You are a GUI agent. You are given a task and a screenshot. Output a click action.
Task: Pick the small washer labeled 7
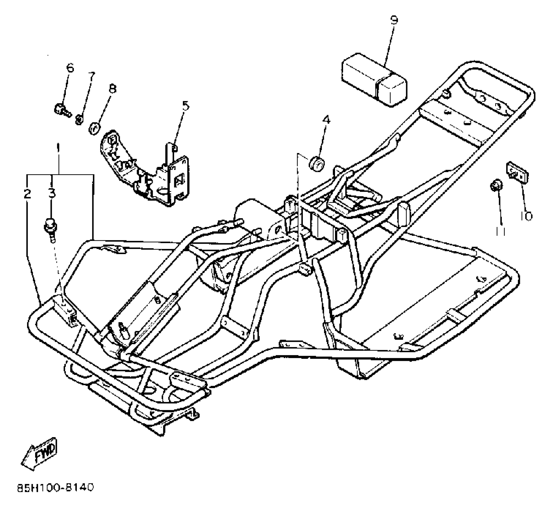(79, 120)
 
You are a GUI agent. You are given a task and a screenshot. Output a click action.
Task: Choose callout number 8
(112, 89)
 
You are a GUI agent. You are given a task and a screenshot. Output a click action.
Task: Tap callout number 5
(185, 106)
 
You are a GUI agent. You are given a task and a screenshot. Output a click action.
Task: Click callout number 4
(326, 120)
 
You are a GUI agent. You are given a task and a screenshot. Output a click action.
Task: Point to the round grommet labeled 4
(317, 164)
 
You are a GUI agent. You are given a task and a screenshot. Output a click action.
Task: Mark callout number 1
(58, 147)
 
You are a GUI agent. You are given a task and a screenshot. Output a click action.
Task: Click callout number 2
(27, 194)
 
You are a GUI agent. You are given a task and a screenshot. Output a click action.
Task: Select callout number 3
(52, 194)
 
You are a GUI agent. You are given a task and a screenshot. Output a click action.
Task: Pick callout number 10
(526, 216)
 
